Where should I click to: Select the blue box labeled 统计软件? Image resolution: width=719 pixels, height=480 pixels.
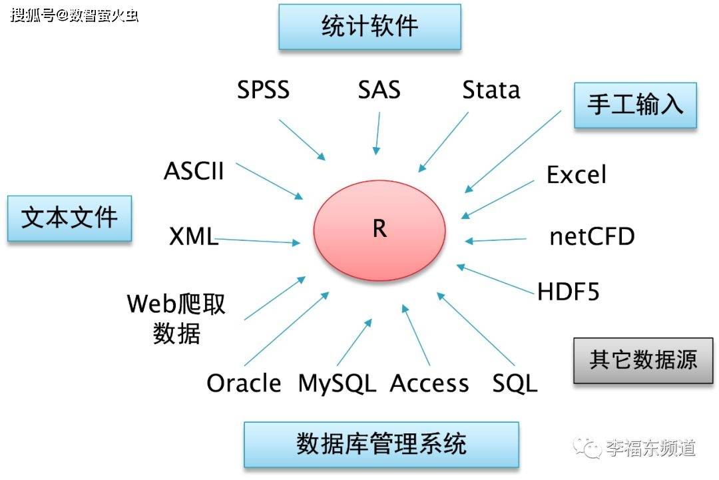tap(369, 27)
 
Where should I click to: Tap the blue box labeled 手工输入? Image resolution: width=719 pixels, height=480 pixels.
tap(634, 105)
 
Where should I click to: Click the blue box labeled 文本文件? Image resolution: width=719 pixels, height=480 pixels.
tap(69, 218)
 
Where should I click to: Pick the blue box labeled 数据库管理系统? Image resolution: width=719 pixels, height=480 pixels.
tap(381, 444)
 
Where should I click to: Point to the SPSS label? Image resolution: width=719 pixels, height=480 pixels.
tap(264, 90)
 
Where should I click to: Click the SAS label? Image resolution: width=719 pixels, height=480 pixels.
tap(379, 90)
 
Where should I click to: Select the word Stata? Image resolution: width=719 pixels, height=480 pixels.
tap(491, 90)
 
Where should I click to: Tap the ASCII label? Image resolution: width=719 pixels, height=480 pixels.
tap(194, 171)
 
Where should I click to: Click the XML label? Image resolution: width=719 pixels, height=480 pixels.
tap(193, 236)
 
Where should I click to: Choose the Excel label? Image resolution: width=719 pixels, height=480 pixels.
tap(577, 175)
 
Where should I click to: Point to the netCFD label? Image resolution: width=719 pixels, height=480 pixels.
tap(592, 236)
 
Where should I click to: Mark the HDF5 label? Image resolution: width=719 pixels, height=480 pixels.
tap(569, 292)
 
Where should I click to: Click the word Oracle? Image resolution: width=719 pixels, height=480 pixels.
tap(244, 383)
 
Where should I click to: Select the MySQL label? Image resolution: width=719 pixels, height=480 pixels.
tap(337, 383)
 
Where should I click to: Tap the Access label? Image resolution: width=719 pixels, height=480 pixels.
tap(429, 383)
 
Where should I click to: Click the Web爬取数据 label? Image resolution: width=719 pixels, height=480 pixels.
tap(176, 318)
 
